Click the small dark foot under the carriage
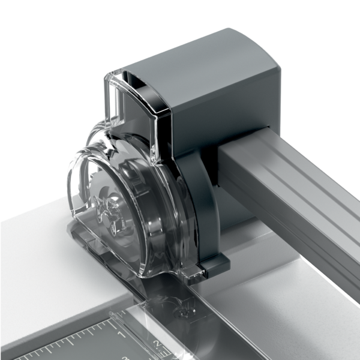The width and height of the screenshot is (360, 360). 214,264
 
